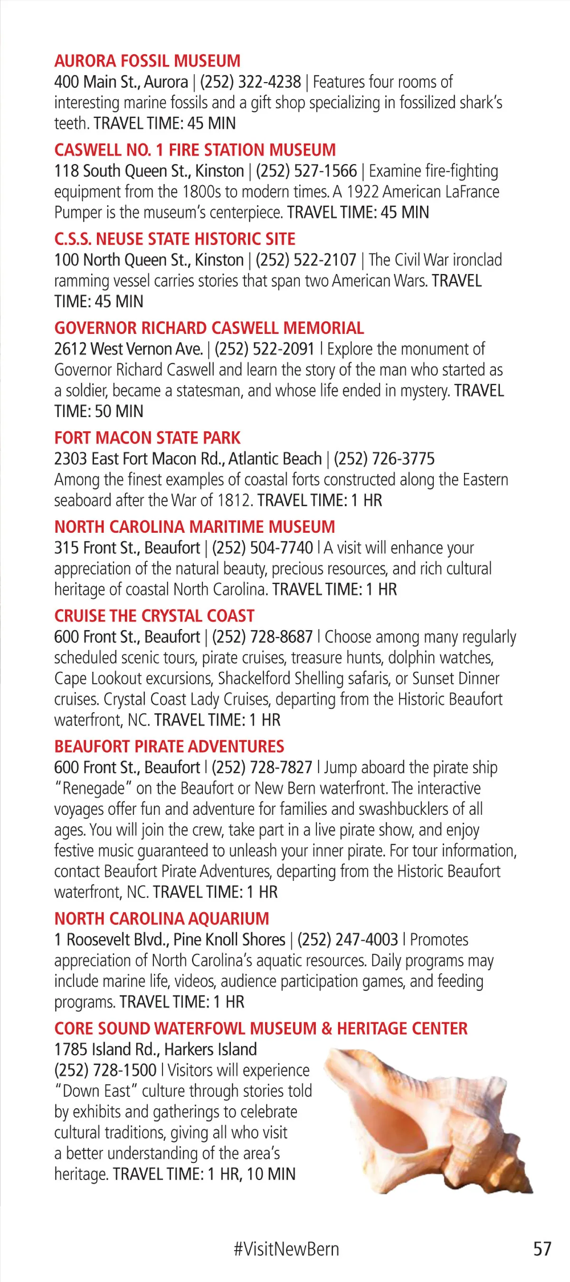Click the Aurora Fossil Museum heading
(147, 61)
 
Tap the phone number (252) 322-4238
(250, 82)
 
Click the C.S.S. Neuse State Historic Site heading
(175, 239)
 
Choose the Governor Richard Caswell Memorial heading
(209, 328)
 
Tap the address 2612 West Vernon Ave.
(128, 349)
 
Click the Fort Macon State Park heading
(147, 438)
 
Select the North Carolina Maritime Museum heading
(195, 527)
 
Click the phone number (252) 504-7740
(262, 547)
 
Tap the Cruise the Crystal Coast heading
(154, 616)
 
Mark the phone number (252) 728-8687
(262, 637)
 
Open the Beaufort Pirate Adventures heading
(169, 746)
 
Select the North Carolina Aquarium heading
(162, 919)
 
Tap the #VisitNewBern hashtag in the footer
(286, 1249)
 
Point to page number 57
(542, 1249)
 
